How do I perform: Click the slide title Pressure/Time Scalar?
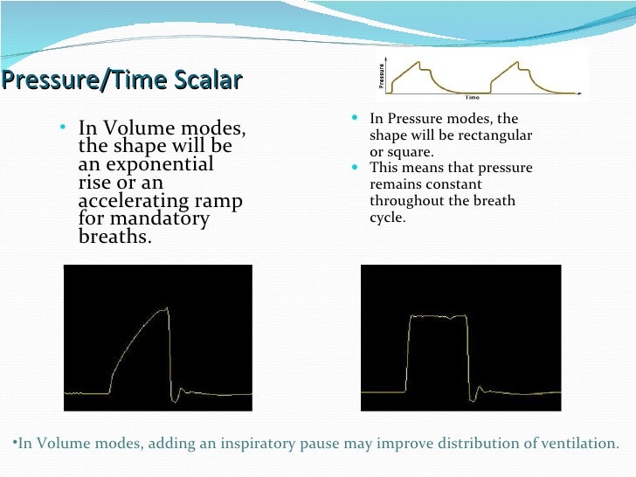121,81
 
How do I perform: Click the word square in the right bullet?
404,151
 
